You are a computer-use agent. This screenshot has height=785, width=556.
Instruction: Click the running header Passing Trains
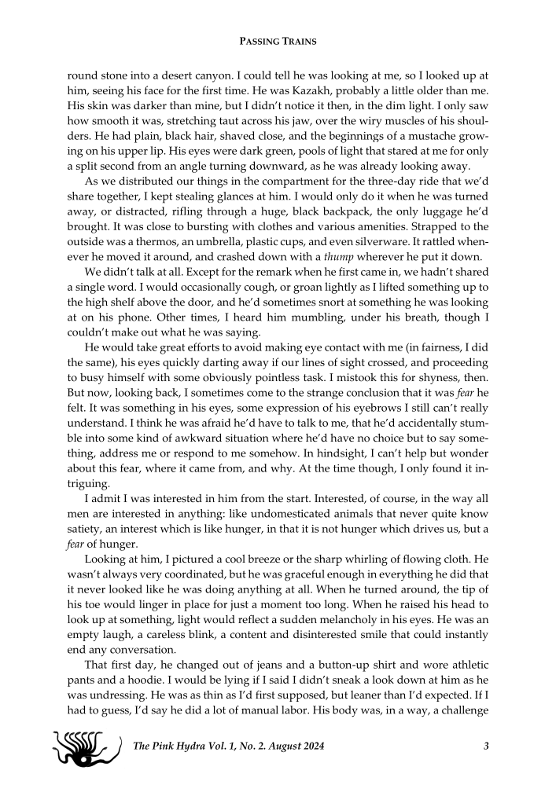278,40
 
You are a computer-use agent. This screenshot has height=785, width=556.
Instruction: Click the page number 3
487,746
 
